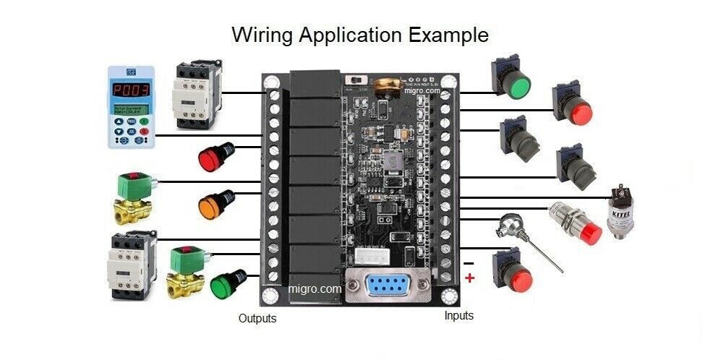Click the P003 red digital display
(x=131, y=90)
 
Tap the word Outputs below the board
(x=257, y=318)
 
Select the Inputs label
(x=459, y=316)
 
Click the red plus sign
(x=470, y=278)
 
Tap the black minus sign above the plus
(x=469, y=262)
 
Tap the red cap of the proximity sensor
(x=591, y=233)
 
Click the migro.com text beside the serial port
(x=315, y=288)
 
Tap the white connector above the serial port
(x=373, y=257)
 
